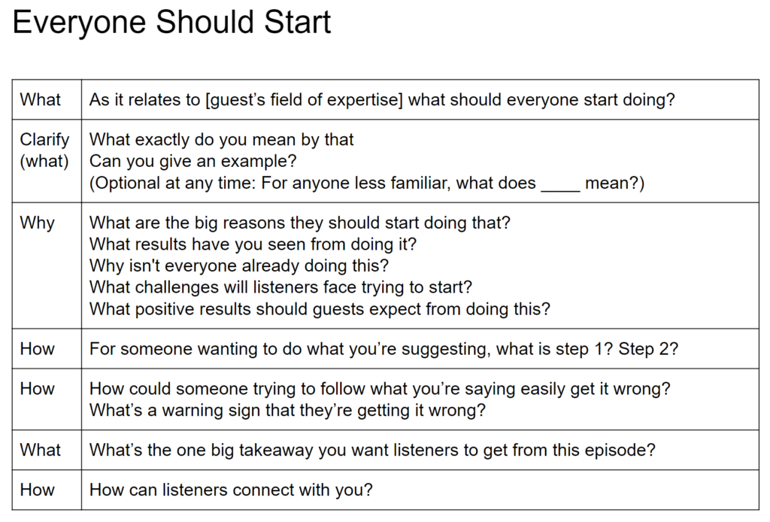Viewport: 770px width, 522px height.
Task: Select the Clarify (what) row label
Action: [44, 150]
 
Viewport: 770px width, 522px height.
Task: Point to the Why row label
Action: [37, 223]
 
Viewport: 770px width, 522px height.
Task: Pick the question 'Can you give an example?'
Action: [193, 161]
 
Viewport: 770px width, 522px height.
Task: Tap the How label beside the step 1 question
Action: [38, 349]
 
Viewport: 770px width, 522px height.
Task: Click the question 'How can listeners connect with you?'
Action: [231, 490]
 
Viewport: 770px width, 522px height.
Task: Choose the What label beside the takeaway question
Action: [41, 451]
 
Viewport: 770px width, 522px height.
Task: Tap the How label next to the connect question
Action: [38, 490]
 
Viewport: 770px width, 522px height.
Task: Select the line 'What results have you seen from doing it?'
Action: [253, 244]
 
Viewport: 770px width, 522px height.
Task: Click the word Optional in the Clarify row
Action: [124, 183]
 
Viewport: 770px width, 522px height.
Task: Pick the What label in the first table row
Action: [41, 99]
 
